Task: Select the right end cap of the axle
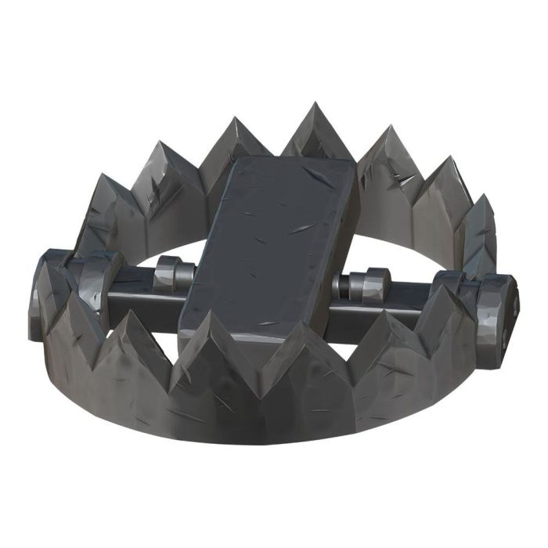coord(501,309)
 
